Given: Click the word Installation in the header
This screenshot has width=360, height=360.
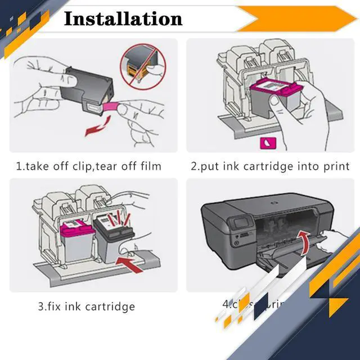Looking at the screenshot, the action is (123, 18).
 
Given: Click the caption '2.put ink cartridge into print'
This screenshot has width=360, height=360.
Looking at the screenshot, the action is (269, 166).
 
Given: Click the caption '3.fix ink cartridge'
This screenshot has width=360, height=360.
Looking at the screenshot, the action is (86, 307).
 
